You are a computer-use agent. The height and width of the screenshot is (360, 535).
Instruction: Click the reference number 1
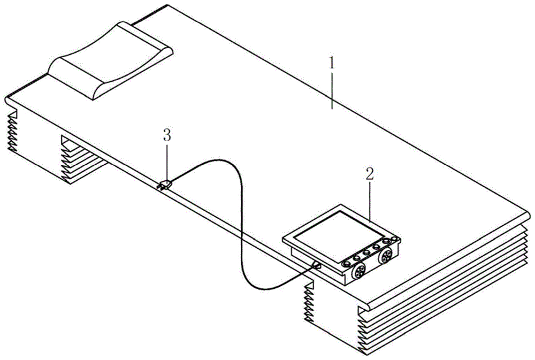pos(332,64)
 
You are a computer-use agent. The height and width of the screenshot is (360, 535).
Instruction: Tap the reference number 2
pos(369,174)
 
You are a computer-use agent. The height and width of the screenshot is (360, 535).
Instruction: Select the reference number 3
pos(167,135)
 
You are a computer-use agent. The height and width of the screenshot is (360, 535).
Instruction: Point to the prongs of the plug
pos(160,187)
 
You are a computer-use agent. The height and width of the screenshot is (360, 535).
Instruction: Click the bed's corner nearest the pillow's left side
pos(9,101)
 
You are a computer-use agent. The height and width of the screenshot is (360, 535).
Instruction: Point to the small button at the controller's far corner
pos(394,238)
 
